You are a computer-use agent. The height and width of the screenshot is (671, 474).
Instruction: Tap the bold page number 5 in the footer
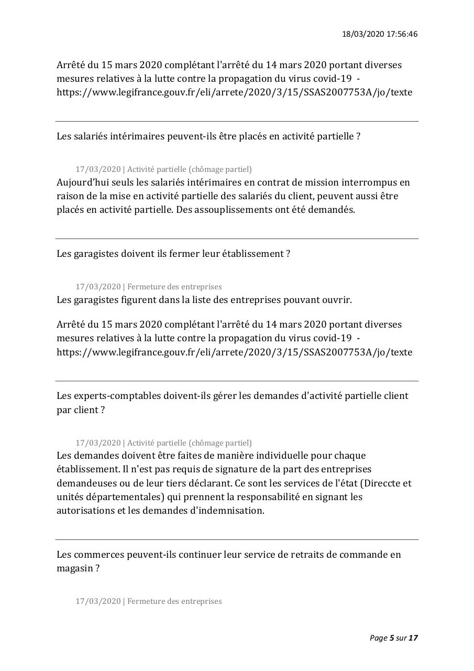point(392,638)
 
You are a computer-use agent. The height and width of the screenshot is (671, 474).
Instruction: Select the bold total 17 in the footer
point(413,638)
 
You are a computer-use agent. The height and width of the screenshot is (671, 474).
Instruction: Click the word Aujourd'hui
point(82,182)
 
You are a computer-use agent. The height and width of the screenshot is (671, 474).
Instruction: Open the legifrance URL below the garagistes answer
point(234,352)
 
